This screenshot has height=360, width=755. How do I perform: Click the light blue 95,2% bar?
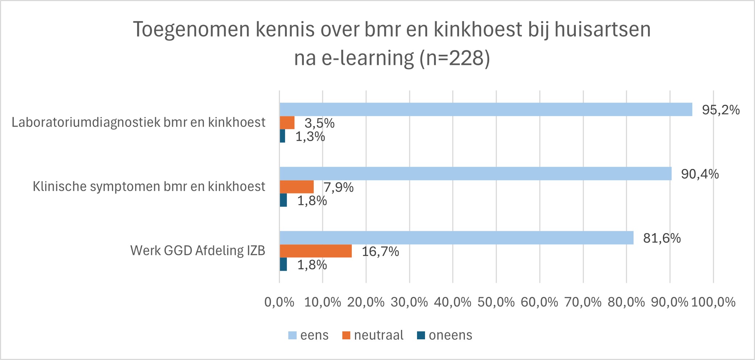coord(486,109)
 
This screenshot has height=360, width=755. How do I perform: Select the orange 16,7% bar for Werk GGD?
coord(315,251)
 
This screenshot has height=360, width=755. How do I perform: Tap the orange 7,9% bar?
coord(297,187)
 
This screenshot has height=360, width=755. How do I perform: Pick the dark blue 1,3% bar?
coord(282,136)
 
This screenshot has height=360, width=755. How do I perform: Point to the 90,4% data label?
coord(700,174)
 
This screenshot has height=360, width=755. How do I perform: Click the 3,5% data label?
coord(319,123)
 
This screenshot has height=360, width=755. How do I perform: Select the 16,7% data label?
coord(380,252)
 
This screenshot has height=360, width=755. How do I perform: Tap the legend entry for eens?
coord(308,335)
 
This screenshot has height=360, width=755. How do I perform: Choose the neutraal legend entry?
coord(373,335)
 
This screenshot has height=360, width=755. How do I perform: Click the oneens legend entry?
coord(445,335)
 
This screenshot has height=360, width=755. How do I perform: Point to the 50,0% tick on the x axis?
coord(496,302)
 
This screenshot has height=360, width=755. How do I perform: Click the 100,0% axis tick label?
coord(713,302)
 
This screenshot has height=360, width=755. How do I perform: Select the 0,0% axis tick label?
coord(279,302)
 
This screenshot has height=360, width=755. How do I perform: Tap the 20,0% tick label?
coord(366,302)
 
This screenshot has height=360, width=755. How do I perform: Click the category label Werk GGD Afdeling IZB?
coord(198,251)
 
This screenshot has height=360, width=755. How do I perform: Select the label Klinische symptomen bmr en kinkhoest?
coord(149,187)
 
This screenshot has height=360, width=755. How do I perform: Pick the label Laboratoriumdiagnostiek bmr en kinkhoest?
coord(138,123)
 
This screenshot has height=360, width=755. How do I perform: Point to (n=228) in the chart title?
coord(454,58)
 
